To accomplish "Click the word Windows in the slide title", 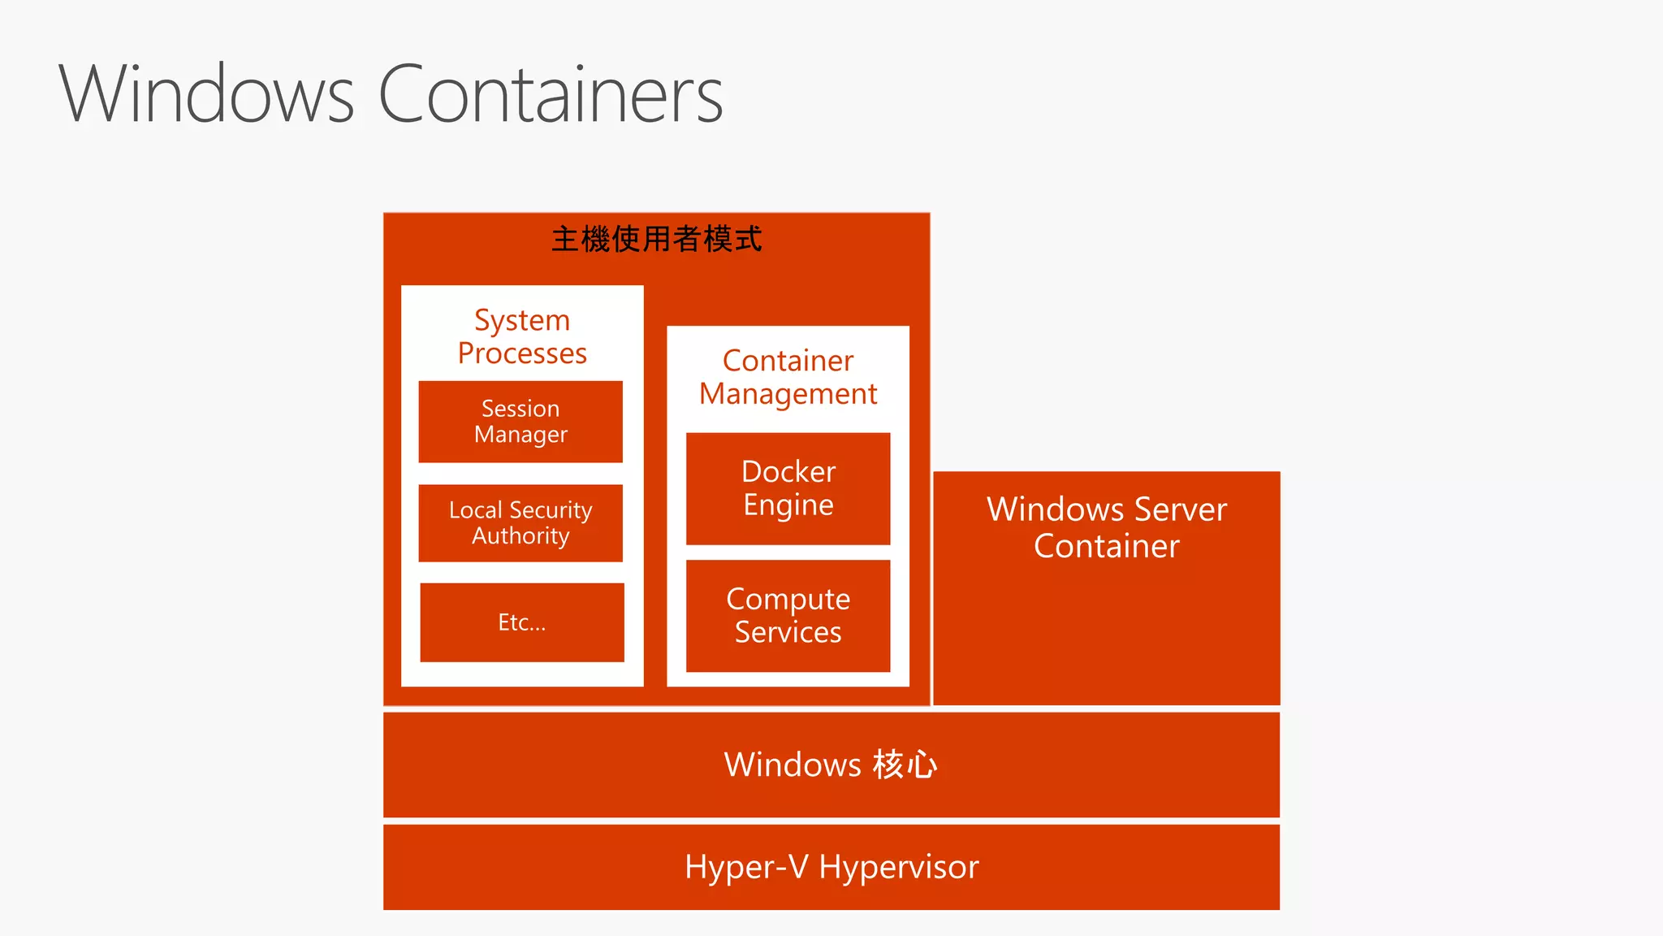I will pos(206,95).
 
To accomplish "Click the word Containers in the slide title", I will pos(551,95).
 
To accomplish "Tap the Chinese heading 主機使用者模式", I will pos(656,240).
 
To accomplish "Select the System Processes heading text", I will pos(522,336).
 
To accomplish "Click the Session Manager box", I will pos(520,422).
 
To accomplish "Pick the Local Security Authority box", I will pos(520,523).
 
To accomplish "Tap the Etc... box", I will pos(522,622).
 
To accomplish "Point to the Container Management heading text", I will pos(788,377).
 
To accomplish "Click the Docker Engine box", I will pos(788,488).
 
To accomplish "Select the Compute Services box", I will pos(788,616).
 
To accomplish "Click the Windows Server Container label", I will pos(1106,527).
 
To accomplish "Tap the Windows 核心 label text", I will pos(831,765).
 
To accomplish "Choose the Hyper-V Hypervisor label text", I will pos(831,867).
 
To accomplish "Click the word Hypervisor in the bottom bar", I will pos(899,868).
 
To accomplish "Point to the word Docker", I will pos(788,471).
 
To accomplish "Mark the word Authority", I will pos(520,536).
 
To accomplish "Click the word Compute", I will pos(788,600).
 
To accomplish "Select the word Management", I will pos(788,394).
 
